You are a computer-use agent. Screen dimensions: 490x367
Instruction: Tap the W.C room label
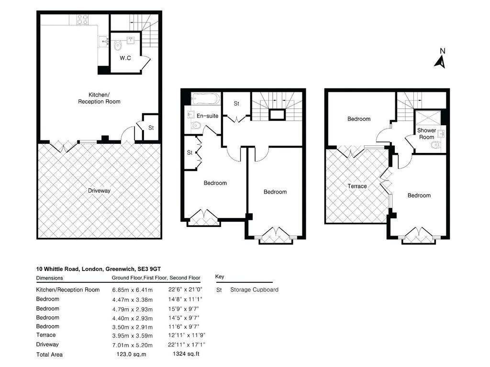coord(125,58)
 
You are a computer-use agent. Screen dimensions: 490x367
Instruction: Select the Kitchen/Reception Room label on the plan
coord(99,98)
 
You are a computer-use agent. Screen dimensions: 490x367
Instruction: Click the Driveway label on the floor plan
coord(99,191)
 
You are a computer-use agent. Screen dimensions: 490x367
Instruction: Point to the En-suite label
coord(207,116)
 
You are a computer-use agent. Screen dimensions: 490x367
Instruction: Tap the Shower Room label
coord(426,134)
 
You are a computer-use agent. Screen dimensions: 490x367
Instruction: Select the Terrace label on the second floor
coord(357,186)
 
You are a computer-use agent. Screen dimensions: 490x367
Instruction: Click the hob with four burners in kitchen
coord(82,20)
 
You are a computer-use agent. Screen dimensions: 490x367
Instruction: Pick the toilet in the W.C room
coord(118,45)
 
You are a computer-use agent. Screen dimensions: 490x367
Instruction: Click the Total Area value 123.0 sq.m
coord(131,355)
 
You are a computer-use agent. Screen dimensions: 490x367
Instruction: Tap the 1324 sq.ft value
coord(186,354)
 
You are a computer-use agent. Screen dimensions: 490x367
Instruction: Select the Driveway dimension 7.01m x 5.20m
coord(133,345)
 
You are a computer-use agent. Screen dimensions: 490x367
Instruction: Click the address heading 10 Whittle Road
coord(99,269)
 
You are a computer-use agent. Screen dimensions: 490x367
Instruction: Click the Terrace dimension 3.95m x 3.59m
coord(133,335)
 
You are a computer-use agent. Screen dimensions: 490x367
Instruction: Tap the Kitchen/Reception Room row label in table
coord(68,290)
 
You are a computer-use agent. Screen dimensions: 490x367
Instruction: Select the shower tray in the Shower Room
coord(427,118)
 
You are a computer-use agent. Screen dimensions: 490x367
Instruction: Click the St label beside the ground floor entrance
coord(151,128)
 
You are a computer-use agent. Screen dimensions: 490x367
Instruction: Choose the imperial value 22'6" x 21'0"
coord(186,290)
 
